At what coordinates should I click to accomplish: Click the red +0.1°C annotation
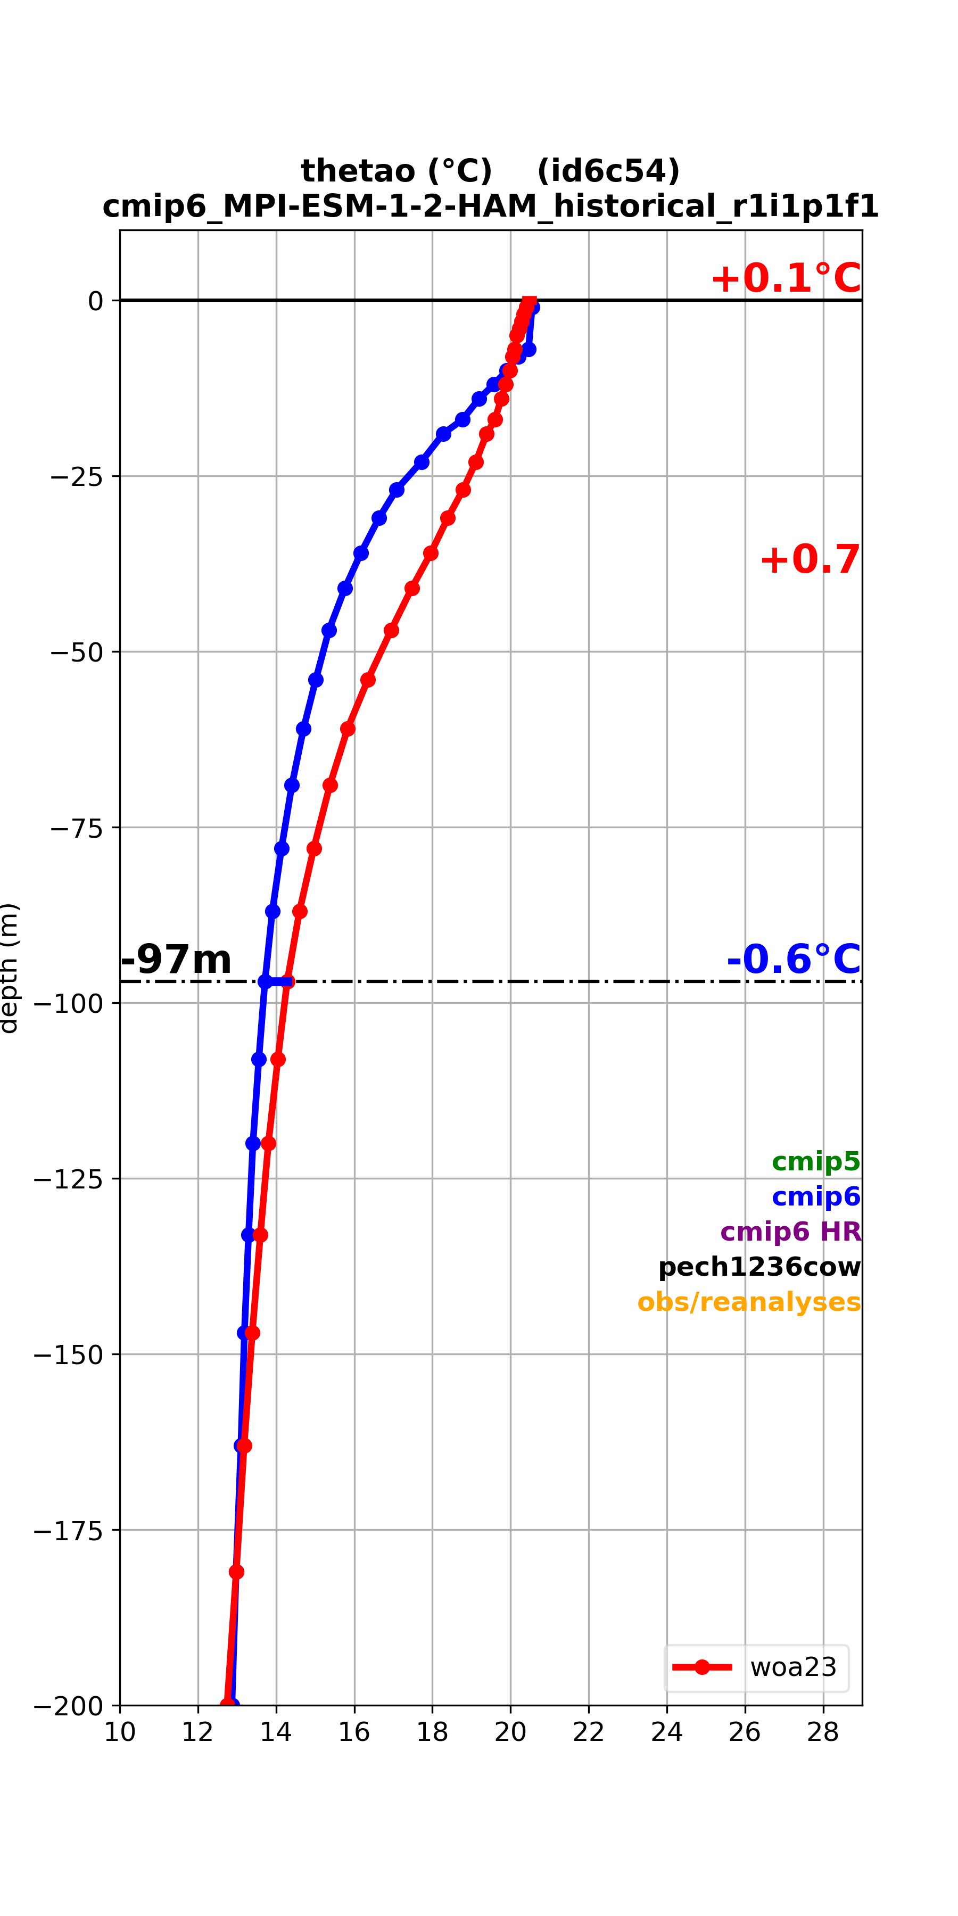coord(786,278)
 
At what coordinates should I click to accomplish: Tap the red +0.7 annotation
coord(810,559)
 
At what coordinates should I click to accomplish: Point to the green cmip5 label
coord(816,1161)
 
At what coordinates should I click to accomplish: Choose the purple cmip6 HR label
coord(791,1232)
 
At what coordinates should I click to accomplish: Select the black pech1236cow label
coord(759,1267)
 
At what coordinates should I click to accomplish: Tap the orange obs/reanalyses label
coord(749,1302)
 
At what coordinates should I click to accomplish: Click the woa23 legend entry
coord(756,1667)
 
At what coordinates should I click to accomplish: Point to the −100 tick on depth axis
coord(68,1003)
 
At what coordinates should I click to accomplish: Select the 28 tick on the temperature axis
coord(823,1732)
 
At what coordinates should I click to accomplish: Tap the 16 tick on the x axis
coord(354,1732)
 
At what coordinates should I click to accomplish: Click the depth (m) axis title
coord(9,968)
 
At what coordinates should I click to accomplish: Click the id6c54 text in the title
coord(608,171)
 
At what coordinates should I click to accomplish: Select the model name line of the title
coord(491,206)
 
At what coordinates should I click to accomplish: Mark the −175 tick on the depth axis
coord(68,1530)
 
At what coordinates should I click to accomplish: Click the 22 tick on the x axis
coord(588,1732)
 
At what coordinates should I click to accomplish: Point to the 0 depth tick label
coord(95,301)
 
